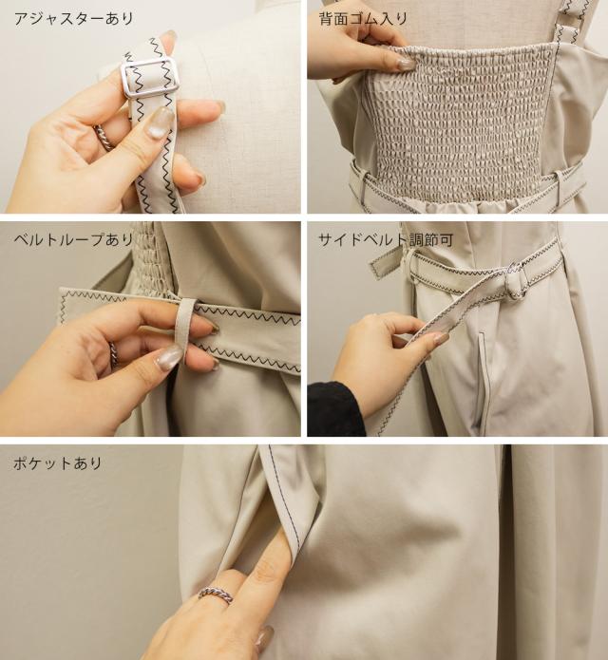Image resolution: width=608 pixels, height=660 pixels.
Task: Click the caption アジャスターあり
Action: [x=74, y=19]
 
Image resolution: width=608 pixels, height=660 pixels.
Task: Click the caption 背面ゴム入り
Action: [x=363, y=19]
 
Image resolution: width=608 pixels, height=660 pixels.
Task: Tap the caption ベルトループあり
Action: [x=74, y=239]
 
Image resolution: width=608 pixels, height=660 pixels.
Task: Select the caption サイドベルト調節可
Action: [x=386, y=240]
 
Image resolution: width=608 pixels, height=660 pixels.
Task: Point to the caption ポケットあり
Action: [x=58, y=463]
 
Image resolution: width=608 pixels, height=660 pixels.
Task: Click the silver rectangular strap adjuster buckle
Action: [x=148, y=78]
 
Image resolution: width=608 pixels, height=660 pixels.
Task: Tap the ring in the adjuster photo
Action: [x=104, y=137]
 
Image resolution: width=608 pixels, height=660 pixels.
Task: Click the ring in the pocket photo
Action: [x=216, y=594]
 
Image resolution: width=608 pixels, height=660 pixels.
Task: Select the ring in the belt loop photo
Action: [x=113, y=352]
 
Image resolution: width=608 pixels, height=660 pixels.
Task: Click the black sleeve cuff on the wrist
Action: [x=333, y=408]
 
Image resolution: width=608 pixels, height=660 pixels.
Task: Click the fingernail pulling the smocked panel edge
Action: [x=405, y=64]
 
